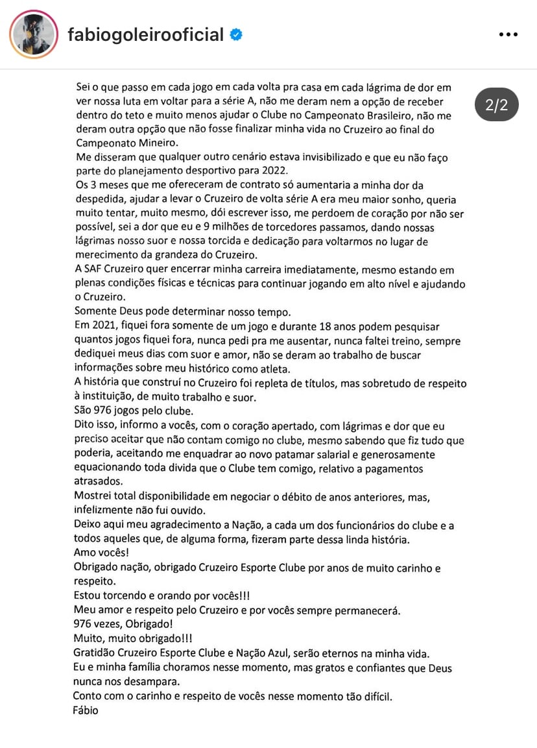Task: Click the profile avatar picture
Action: [34, 34]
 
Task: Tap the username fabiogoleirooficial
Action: [145, 34]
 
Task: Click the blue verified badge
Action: [237, 35]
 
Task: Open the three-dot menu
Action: [508, 34]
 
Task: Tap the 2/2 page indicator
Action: [496, 105]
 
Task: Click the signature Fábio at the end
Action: [86, 710]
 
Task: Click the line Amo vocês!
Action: [100, 553]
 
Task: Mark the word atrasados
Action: [97, 482]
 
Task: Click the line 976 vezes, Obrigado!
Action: [123, 624]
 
